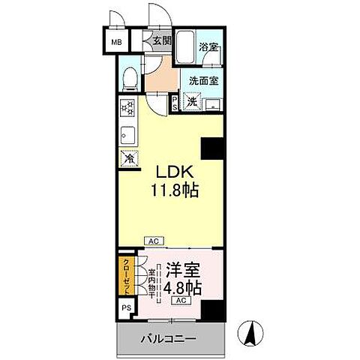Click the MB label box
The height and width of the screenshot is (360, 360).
[115, 41]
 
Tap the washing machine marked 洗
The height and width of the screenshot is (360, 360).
[192, 101]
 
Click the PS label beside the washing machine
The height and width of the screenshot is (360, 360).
[175, 102]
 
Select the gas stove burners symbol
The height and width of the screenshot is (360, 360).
[126, 109]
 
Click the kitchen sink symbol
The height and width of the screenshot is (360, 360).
[126, 136]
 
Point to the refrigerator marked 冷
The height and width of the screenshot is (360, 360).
[129, 158]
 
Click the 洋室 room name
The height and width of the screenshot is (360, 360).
[184, 268]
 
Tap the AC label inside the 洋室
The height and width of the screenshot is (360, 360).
[180, 300]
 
